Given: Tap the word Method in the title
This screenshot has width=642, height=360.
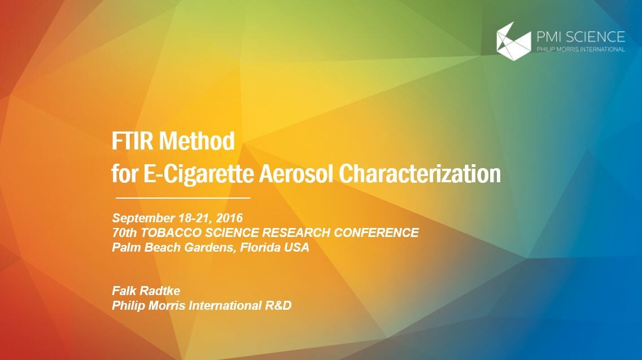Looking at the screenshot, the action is (x=197, y=141).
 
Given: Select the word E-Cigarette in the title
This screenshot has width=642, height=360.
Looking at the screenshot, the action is (x=199, y=173).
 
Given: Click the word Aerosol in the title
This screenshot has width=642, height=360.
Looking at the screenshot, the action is (x=297, y=173).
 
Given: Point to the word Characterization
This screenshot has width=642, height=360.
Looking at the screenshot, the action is (x=420, y=173).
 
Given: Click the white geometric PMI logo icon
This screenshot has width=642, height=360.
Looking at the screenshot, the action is (x=513, y=41).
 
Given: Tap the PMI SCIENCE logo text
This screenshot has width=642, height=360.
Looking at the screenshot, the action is (x=580, y=37).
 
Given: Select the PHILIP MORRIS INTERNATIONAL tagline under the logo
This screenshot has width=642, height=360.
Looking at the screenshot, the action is (x=580, y=50).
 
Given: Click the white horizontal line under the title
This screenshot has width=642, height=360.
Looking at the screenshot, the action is (x=183, y=197).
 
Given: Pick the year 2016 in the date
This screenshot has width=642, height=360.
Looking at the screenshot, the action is (x=229, y=218).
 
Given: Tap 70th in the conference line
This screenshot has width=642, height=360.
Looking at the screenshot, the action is (x=124, y=233).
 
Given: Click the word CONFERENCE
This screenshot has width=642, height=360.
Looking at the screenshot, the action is (x=376, y=233).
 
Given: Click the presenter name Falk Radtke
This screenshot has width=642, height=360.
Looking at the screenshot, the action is (x=146, y=291).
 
